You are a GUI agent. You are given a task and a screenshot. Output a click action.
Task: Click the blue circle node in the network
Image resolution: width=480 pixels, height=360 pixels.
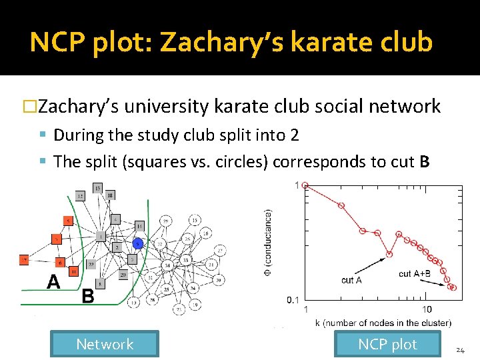click(x=138, y=243)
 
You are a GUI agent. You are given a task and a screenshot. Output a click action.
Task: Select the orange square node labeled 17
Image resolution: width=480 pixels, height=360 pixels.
click(x=25, y=260)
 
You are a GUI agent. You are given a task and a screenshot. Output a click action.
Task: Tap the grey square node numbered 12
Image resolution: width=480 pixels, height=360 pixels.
click(x=80, y=196)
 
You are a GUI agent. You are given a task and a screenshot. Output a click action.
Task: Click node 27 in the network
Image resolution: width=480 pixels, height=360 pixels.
click(x=220, y=251)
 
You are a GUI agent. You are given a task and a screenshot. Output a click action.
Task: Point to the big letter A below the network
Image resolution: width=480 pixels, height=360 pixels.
click(x=53, y=283)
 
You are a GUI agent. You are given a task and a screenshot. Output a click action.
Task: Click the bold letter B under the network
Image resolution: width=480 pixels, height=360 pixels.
click(x=87, y=296)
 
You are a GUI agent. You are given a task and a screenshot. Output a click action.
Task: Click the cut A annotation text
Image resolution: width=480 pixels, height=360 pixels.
click(x=351, y=280)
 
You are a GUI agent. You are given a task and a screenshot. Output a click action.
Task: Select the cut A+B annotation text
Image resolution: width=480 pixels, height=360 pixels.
click(x=415, y=274)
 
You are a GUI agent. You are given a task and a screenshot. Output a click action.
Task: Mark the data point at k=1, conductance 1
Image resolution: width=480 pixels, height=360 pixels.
click(x=305, y=185)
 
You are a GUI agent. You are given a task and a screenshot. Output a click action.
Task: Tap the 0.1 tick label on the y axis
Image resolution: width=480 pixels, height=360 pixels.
click(x=293, y=300)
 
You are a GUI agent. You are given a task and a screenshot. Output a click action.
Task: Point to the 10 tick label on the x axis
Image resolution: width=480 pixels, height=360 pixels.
click(x=427, y=309)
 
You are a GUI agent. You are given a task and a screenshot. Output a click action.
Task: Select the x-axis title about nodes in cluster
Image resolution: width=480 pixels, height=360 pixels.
click(x=383, y=323)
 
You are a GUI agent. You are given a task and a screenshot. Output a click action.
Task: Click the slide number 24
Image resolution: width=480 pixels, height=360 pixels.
click(x=460, y=350)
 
